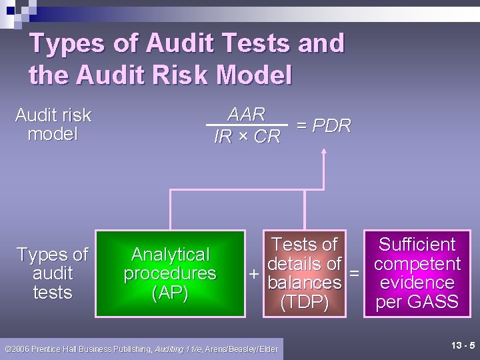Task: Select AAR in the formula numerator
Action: point(247,114)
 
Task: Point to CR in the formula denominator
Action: point(267,137)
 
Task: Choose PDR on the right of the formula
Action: point(331,125)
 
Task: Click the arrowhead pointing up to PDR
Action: point(324,151)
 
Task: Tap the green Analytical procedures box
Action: point(170,273)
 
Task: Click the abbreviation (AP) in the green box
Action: point(170,293)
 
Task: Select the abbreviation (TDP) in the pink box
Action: point(305,303)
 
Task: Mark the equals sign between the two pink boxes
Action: point(354,274)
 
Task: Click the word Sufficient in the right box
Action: point(417,245)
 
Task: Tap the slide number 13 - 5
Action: point(463,345)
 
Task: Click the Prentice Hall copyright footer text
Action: point(141,349)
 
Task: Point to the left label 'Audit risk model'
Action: point(53,125)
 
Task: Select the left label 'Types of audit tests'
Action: point(53,273)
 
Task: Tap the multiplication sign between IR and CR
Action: point(245,137)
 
